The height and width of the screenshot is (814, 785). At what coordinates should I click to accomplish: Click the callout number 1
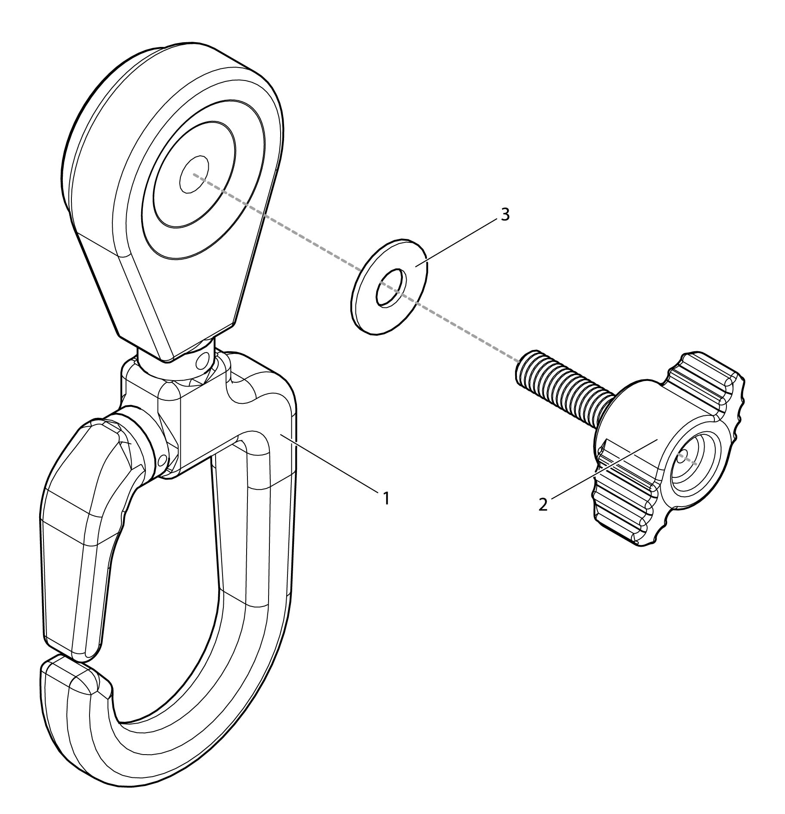[x=386, y=498]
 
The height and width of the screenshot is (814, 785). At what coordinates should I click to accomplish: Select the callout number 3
[x=505, y=214]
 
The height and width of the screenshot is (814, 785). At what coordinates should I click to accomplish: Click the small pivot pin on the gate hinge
[x=161, y=461]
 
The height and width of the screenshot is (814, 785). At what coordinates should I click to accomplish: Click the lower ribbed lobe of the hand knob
[x=624, y=508]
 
